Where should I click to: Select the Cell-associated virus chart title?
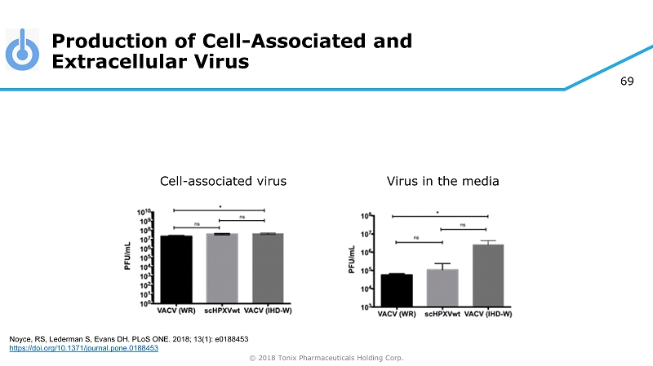(223, 180)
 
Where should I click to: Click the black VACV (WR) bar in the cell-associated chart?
(176, 269)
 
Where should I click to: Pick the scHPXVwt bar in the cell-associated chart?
(222, 268)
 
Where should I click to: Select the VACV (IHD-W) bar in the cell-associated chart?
(268, 268)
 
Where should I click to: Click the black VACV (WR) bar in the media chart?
(397, 289)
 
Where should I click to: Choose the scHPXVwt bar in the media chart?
(443, 287)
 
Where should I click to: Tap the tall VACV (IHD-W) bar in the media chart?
(488, 275)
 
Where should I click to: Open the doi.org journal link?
(82, 348)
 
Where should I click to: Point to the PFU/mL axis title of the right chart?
(352, 260)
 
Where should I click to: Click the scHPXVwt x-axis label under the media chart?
(443, 313)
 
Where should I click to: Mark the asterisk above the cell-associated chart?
(219, 207)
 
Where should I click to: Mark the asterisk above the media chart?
(437, 213)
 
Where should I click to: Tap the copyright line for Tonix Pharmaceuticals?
(326, 357)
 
